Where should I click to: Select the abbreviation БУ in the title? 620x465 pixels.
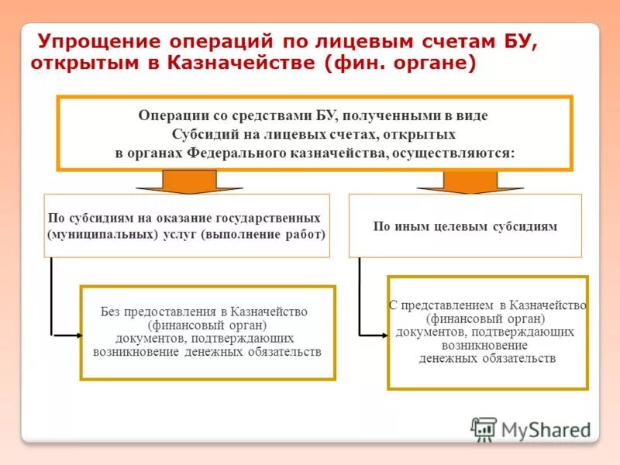pyautogui.click(x=520, y=42)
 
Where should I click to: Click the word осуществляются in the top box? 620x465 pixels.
pyautogui.click(x=453, y=153)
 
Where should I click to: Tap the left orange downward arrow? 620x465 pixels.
pyautogui.click(x=178, y=181)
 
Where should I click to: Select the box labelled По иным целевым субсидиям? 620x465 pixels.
pyautogui.click(x=465, y=226)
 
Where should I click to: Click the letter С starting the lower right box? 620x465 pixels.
pyautogui.click(x=392, y=306)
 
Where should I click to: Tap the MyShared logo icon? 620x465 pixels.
pyautogui.click(x=484, y=429)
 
